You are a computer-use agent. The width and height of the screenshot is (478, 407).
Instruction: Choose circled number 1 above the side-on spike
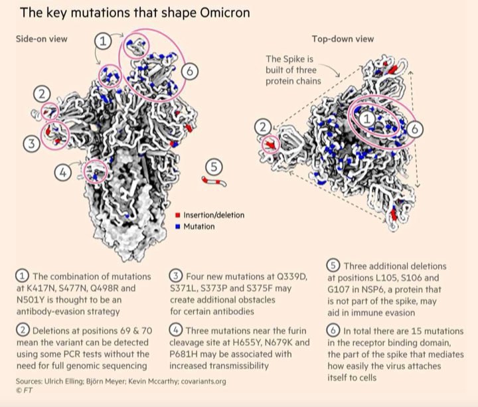[103, 40]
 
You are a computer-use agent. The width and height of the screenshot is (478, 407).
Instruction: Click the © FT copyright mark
[23, 391]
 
